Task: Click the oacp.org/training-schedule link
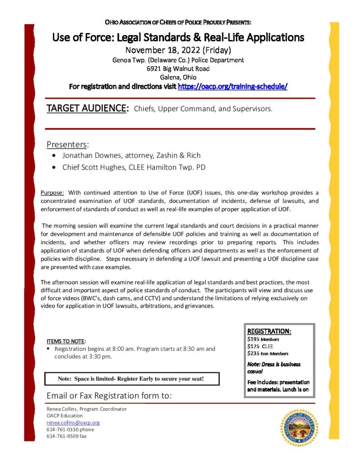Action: tap(233, 86)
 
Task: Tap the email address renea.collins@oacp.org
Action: tap(73, 422)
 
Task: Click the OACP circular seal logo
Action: tap(299, 427)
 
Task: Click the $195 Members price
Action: tap(263, 339)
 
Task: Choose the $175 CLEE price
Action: tap(261, 346)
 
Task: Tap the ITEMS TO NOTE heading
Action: tap(66, 341)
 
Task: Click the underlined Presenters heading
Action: tap(67, 145)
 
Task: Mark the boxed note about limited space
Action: tap(132, 379)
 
